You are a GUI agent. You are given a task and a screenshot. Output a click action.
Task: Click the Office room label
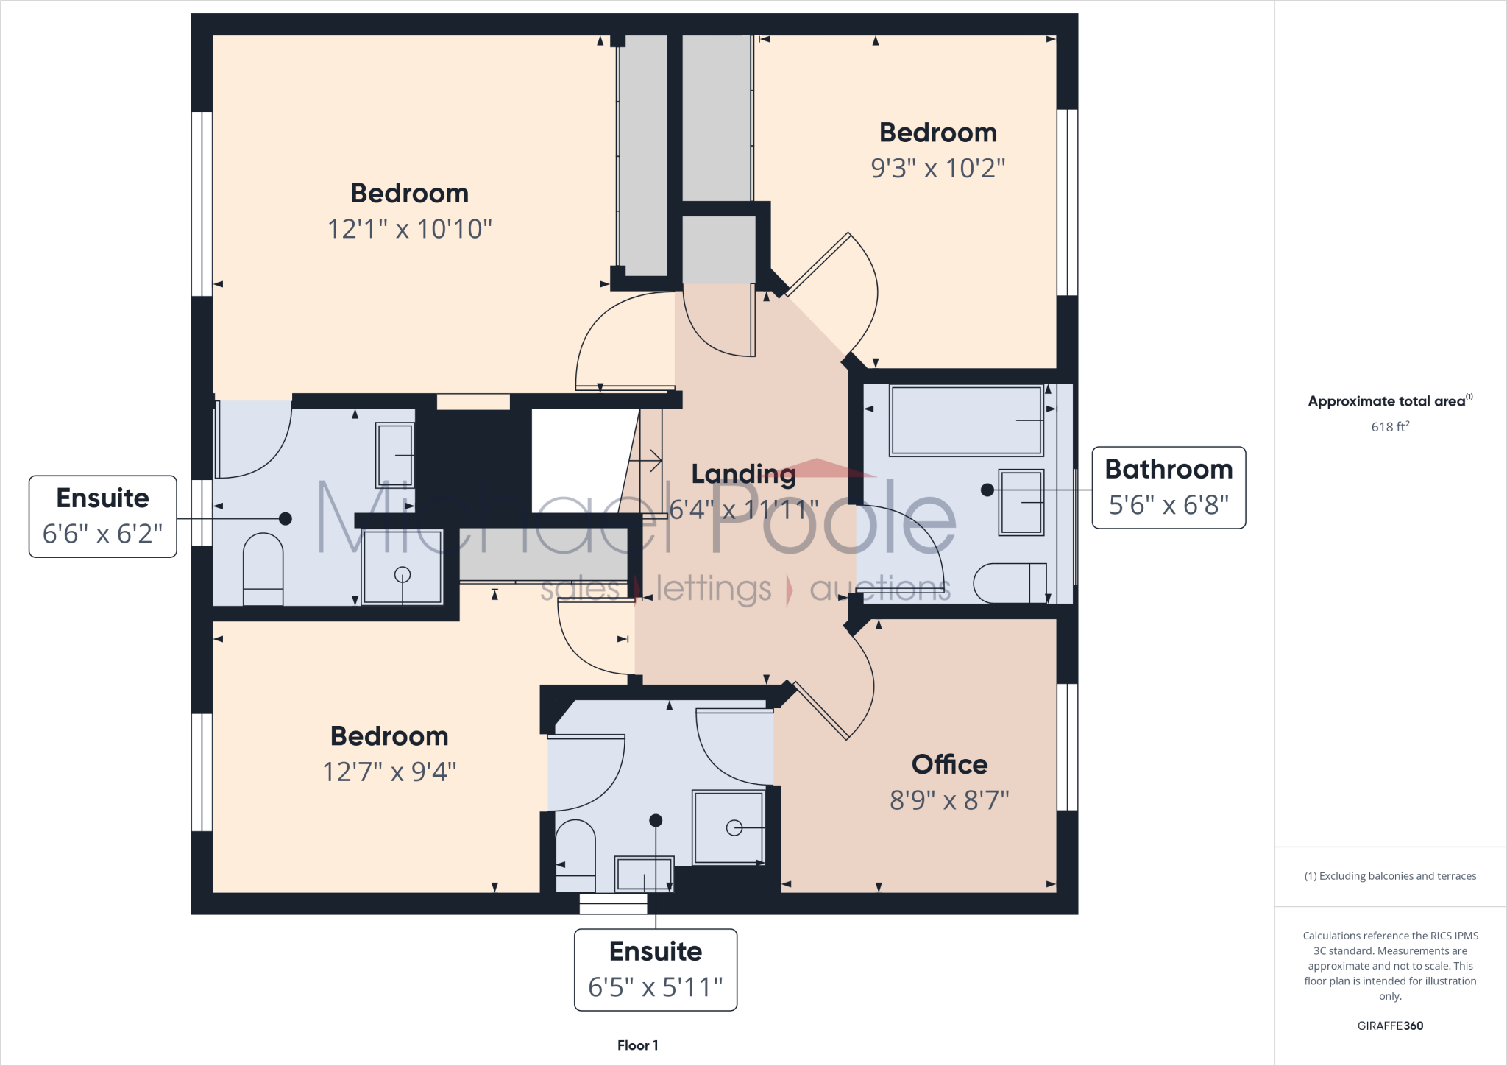[x=949, y=764]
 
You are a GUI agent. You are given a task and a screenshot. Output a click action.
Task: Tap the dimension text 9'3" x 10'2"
[x=937, y=169]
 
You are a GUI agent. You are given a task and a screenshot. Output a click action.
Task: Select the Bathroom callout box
[x=1169, y=487]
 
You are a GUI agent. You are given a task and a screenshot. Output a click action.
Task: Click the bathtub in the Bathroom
[x=966, y=420]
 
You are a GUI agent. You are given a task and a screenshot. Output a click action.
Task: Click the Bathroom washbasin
[x=1021, y=502]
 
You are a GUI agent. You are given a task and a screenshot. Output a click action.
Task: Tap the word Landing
[x=743, y=474]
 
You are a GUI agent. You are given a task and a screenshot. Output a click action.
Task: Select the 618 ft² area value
[x=1390, y=426]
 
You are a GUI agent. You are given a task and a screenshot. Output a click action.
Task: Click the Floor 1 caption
[x=637, y=1045]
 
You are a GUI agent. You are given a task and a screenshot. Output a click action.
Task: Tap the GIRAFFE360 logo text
[x=1390, y=1026]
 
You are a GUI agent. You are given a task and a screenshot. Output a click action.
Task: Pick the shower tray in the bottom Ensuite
[x=728, y=827]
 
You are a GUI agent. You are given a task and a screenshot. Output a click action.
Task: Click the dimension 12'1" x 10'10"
[x=409, y=229]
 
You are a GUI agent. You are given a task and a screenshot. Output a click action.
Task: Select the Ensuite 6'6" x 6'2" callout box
[x=103, y=516]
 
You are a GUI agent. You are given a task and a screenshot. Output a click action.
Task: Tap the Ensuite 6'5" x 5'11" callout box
[x=655, y=970]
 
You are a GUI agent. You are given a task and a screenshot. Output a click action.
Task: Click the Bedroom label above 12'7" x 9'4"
[x=389, y=736]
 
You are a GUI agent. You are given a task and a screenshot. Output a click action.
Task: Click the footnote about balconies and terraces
[x=1390, y=876]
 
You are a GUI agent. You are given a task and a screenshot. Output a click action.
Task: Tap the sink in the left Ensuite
[x=395, y=455]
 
